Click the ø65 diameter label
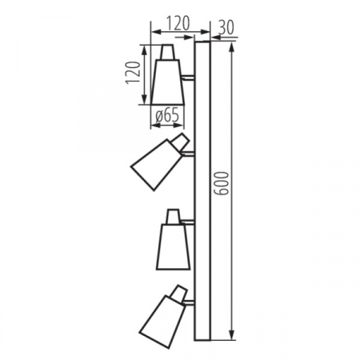click(166, 115)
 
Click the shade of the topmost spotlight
click(168, 82)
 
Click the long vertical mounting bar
click(202, 192)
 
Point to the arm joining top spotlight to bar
click(189, 78)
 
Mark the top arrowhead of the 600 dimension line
click(231, 46)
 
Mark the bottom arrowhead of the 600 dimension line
click(231, 336)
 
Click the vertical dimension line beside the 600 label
click(231, 240)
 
